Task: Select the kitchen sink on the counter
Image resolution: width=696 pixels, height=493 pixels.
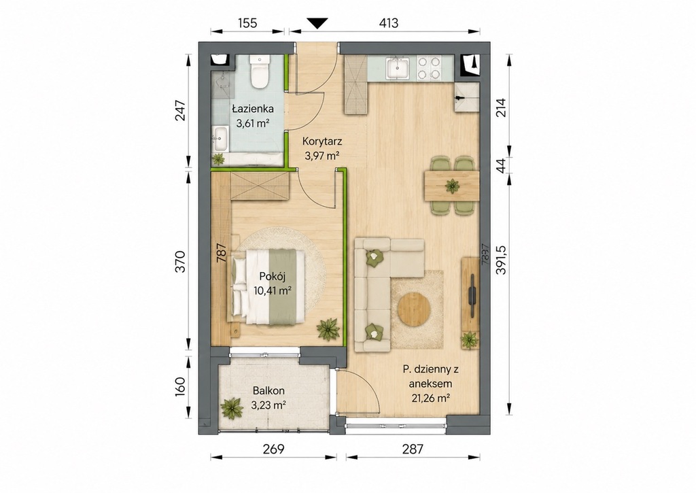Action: (x=398, y=69)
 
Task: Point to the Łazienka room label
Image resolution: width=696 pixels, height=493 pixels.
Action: (x=253, y=109)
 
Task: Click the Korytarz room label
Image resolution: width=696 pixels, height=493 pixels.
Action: (x=321, y=141)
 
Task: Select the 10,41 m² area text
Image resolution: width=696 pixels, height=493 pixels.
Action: (x=273, y=291)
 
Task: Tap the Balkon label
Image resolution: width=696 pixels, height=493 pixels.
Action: (x=268, y=391)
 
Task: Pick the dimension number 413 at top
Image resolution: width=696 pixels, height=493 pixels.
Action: (x=388, y=23)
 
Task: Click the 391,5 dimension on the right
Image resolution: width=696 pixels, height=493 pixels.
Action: (x=501, y=259)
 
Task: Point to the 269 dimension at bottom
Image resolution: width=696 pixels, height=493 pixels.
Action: (x=273, y=449)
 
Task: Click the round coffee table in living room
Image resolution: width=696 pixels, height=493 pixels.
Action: (x=415, y=309)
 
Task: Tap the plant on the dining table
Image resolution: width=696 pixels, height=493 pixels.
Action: (x=453, y=186)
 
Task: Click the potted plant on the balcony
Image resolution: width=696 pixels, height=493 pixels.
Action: (x=232, y=408)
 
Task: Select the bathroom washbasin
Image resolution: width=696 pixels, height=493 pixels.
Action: (x=220, y=139)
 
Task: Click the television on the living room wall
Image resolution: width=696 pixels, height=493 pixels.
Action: (x=472, y=290)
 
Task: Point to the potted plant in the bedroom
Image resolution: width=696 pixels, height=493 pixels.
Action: (x=328, y=329)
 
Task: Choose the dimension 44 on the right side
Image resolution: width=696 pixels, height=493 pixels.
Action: (x=501, y=166)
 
